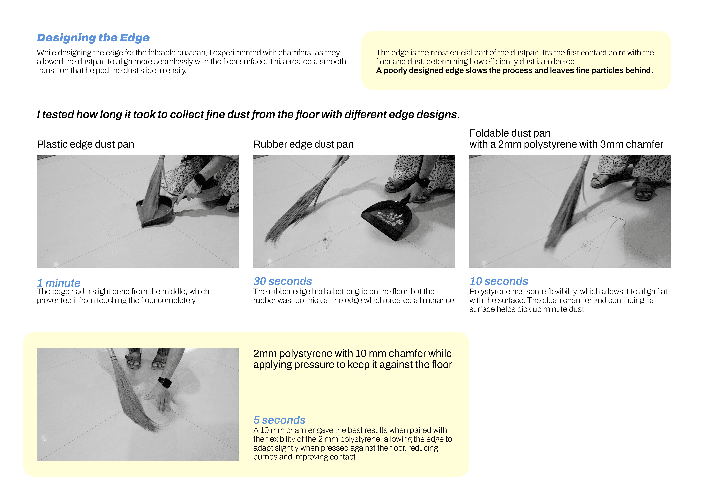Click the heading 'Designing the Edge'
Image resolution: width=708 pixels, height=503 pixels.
(93, 38)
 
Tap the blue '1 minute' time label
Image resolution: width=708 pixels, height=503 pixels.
(58, 283)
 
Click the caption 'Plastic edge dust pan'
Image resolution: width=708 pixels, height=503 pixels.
(85, 144)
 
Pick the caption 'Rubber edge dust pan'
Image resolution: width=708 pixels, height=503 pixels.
(303, 144)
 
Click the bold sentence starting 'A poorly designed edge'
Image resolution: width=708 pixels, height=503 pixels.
(514, 71)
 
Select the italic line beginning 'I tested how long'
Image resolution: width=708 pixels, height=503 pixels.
(248, 115)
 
